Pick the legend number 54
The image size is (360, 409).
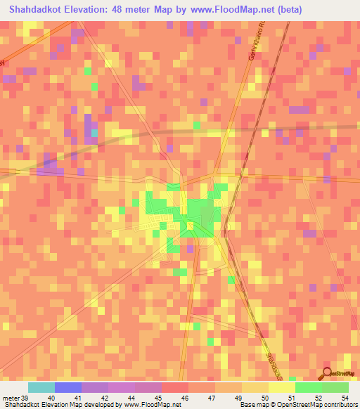tap(344, 398)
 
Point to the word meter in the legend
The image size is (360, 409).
tap(10, 398)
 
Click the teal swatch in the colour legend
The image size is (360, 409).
tap(41, 387)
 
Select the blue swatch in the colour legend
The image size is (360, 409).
tap(68, 387)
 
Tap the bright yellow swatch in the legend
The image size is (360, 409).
tap(282, 387)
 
